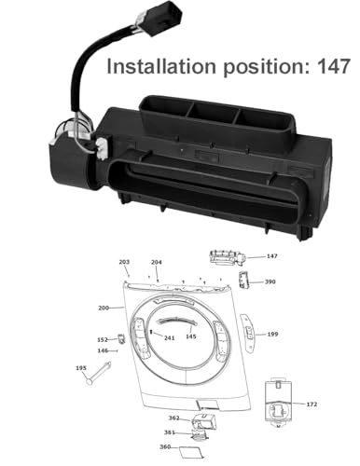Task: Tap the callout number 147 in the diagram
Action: click(271, 255)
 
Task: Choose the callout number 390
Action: click(270, 281)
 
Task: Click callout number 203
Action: click(124, 263)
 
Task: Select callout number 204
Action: click(157, 263)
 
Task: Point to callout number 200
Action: click(104, 308)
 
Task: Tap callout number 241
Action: click(169, 337)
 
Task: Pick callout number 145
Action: click(190, 336)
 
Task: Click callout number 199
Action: click(272, 334)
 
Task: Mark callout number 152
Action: click(103, 340)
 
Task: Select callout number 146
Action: click(103, 351)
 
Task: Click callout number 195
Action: click(80, 369)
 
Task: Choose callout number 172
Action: click(312, 404)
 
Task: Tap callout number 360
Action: click(164, 446)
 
